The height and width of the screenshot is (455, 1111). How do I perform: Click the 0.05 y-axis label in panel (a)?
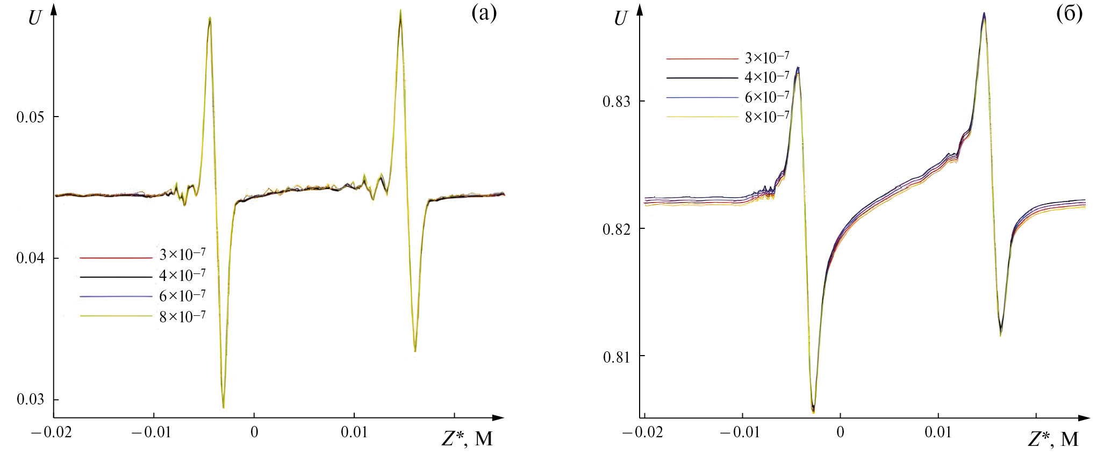coord(30,117)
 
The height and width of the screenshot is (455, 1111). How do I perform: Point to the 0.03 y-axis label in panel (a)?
coord(30,400)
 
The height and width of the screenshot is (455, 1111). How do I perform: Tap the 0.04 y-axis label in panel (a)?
coord(30,258)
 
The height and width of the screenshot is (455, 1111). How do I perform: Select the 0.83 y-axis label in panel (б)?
coord(617,102)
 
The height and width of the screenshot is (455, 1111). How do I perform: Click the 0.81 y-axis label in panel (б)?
coord(617,357)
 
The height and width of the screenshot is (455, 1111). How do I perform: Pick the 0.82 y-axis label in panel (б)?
coord(617,229)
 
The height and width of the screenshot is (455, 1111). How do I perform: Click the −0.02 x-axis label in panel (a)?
coord(52,432)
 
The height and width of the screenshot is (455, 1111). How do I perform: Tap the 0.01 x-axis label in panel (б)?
coord(938,432)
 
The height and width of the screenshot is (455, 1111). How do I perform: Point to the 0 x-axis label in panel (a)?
coord(254,432)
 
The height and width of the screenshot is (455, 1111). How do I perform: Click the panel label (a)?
coord(484,13)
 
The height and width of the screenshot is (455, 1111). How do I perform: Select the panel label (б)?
coord(1069,13)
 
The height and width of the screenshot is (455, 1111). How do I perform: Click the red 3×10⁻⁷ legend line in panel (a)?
coord(116,258)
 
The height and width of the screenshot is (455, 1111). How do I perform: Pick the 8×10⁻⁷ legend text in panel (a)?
coord(182,316)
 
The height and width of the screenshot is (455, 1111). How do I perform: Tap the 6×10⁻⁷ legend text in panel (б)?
coord(767,97)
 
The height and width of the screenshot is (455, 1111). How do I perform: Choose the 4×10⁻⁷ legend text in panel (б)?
coord(767,77)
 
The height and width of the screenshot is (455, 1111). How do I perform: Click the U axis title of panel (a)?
coord(34,18)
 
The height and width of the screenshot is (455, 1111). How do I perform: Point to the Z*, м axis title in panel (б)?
coord(1053,439)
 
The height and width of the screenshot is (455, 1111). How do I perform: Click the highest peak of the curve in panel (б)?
coord(984,13)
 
